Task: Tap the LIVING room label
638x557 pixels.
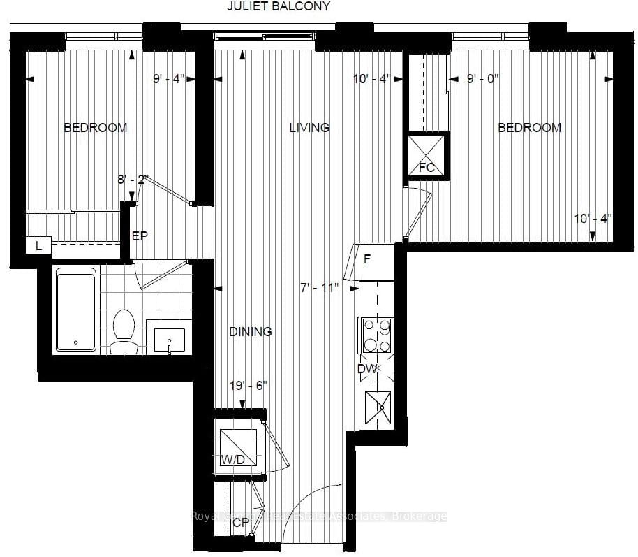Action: tap(309, 128)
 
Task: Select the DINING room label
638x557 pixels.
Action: tap(250, 332)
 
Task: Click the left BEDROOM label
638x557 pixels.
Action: tap(96, 128)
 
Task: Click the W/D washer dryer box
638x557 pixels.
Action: tap(237, 447)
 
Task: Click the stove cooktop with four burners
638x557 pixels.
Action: tap(376, 335)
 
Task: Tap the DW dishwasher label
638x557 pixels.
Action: tap(367, 369)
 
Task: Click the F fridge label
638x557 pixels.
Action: tap(366, 259)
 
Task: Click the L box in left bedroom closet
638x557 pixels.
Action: tap(38, 245)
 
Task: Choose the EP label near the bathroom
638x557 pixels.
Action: tap(140, 236)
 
